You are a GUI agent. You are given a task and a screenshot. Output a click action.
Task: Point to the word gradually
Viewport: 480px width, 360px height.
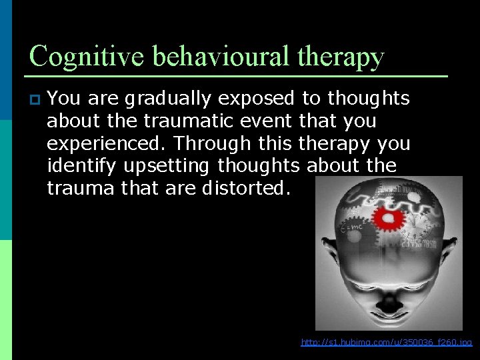pos(175,99)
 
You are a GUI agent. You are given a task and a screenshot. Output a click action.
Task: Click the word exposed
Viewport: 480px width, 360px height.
pos(263,99)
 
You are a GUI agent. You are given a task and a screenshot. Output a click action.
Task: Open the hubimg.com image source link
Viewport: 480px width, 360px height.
pos(386,343)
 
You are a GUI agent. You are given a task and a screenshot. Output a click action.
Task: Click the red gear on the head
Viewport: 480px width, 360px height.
pos(385,218)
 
